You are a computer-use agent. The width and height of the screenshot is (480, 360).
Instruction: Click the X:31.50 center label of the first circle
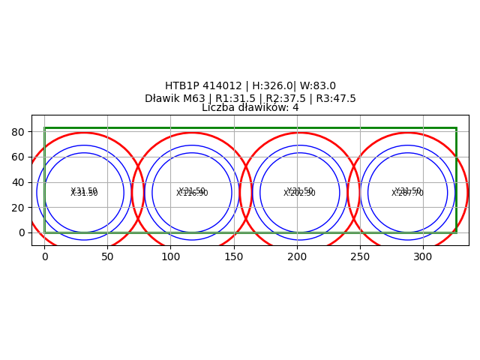(x=84, y=193)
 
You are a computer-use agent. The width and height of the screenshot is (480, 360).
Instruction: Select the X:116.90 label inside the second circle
(x=192, y=193)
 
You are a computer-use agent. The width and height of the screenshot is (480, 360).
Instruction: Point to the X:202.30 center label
(x=300, y=193)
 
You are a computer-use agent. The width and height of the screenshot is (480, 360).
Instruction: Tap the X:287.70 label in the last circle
(x=407, y=193)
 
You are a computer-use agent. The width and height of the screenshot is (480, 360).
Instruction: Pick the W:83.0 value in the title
(x=316, y=86)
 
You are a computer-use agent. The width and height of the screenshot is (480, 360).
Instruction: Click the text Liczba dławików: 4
(x=250, y=108)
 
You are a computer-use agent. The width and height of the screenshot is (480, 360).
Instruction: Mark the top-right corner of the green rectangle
(x=456, y=128)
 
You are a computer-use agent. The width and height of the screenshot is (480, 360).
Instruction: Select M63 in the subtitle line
(x=196, y=99)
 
